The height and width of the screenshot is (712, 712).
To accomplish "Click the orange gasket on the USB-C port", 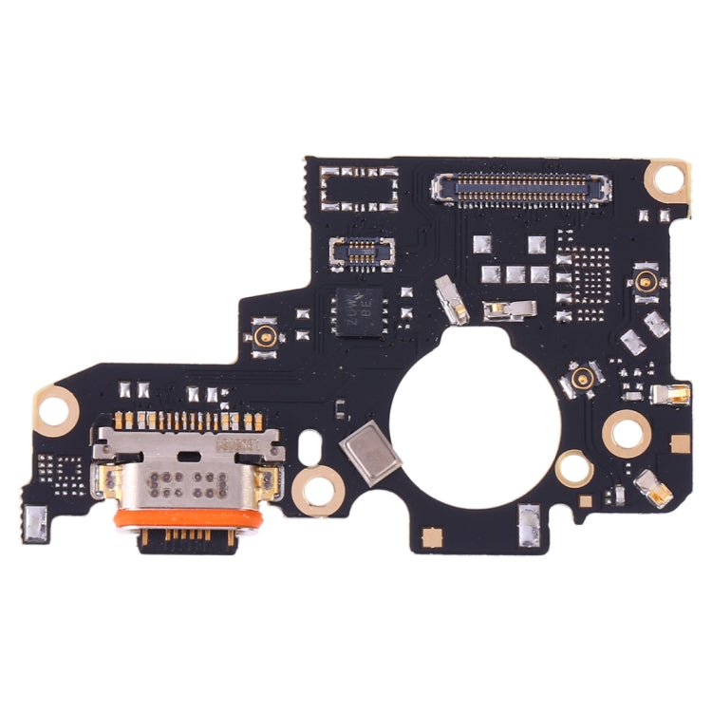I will click(x=186, y=518).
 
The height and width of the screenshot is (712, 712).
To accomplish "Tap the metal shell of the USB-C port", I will click(x=186, y=475).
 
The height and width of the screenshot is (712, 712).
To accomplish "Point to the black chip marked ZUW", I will click(x=358, y=309).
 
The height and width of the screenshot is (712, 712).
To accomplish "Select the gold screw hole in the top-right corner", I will click(x=669, y=177).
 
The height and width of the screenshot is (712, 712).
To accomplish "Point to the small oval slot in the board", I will click(x=309, y=442).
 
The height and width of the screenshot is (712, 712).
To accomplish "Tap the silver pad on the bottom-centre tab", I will click(x=528, y=520).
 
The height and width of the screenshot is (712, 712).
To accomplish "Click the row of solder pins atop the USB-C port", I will click(x=186, y=420).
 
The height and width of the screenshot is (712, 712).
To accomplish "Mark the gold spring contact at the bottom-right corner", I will click(x=654, y=487).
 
